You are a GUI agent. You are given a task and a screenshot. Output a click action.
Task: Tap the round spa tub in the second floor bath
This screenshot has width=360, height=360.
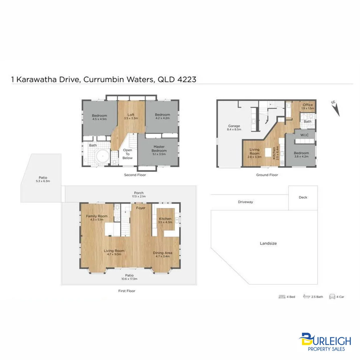click(102, 156)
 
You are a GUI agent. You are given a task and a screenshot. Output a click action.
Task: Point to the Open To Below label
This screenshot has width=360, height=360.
click(128, 154)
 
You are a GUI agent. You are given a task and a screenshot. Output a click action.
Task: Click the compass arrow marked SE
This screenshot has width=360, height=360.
click(337, 110)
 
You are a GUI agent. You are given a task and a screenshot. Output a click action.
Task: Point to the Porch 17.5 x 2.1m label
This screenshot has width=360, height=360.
click(139, 194)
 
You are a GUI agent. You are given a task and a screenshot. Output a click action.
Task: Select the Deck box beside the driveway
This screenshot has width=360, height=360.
click(303, 197)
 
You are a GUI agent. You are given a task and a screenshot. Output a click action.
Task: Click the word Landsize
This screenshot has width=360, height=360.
click(268, 243)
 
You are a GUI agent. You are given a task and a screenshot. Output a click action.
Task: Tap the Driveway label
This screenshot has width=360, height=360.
click(246, 202)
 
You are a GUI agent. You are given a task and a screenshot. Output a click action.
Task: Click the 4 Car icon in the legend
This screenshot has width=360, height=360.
click(332, 297)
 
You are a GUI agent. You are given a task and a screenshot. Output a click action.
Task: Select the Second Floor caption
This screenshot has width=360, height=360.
click(135, 175)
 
